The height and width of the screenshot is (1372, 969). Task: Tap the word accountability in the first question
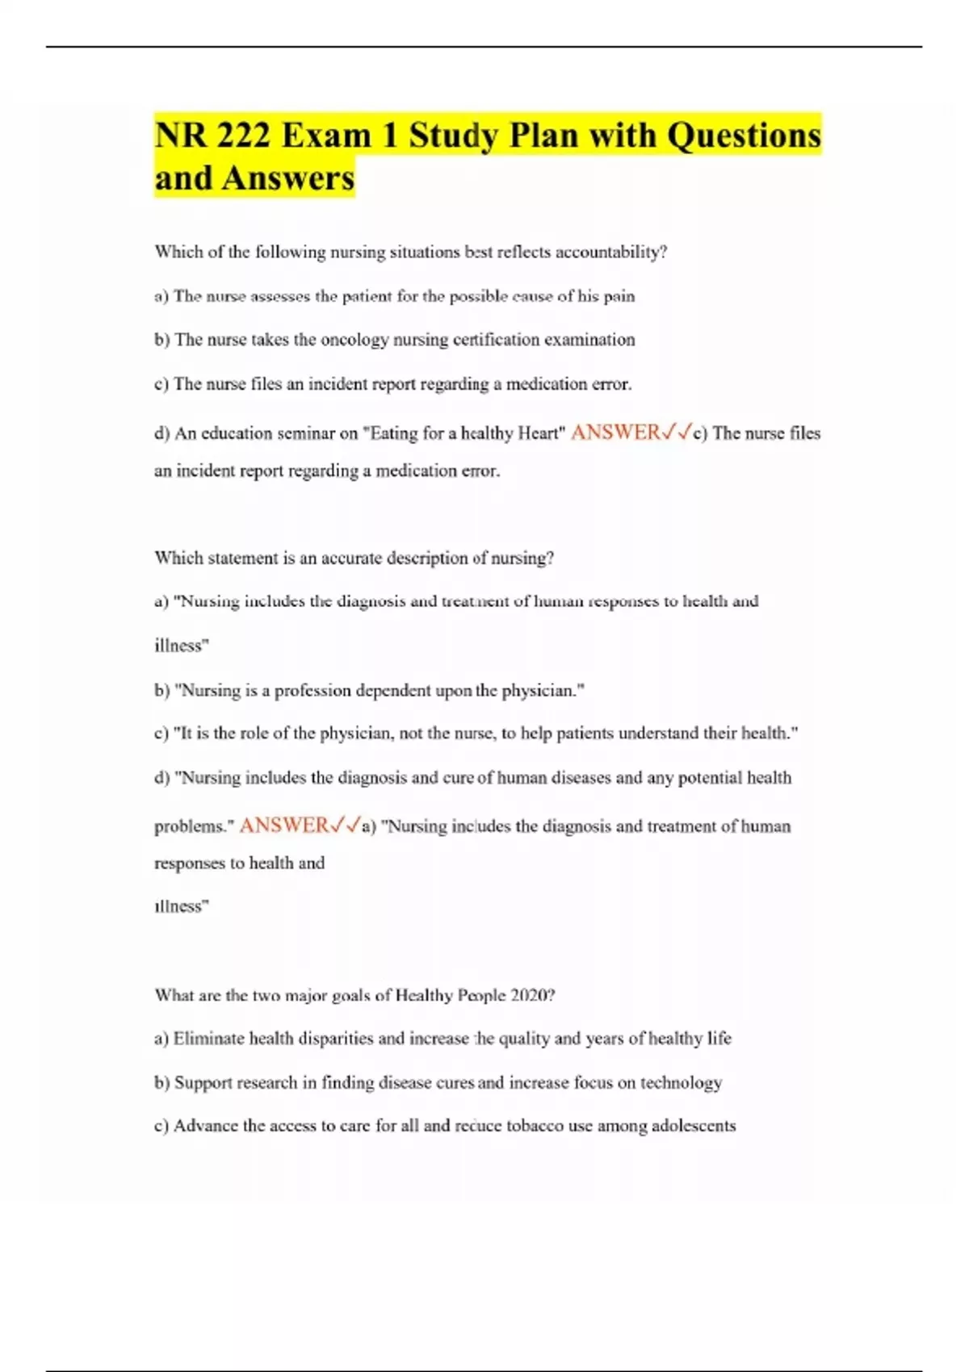coord(612,252)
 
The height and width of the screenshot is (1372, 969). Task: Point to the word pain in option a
coord(619,296)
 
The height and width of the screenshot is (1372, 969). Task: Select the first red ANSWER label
coord(615,433)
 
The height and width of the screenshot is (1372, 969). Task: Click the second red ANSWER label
coord(283,825)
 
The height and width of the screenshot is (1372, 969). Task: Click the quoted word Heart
coord(539,433)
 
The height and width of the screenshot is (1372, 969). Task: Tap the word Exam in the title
coord(326,135)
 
